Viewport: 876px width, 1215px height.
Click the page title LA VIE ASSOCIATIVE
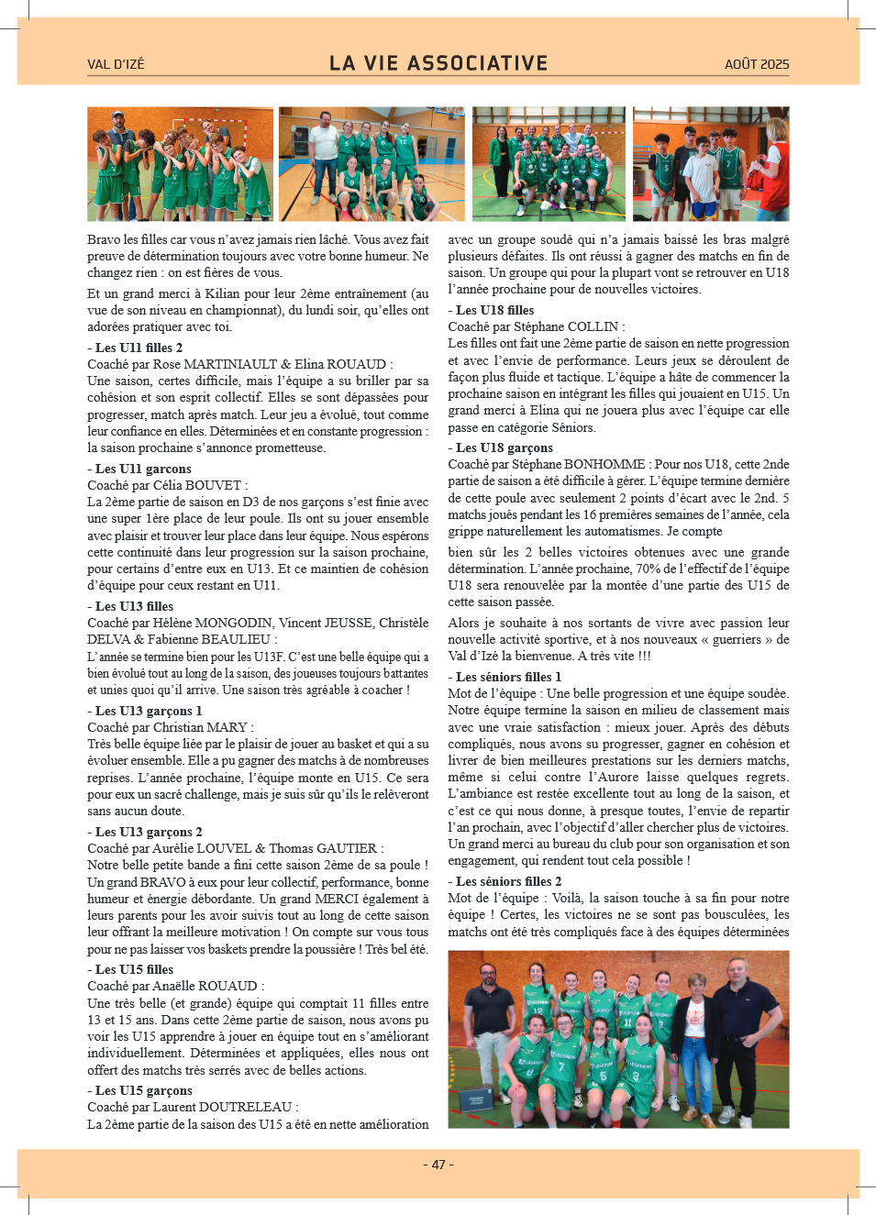(x=438, y=63)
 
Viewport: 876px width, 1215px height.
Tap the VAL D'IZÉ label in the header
(x=116, y=64)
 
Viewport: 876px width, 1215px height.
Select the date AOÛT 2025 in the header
(x=756, y=64)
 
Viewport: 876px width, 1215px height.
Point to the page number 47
(x=438, y=1165)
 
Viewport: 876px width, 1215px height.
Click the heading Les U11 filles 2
(x=139, y=348)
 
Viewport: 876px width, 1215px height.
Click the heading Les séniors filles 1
(x=508, y=677)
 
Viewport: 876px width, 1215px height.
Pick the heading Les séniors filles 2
(x=508, y=881)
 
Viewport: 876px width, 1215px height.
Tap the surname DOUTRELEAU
(x=246, y=1107)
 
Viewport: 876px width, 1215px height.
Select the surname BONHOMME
(x=604, y=464)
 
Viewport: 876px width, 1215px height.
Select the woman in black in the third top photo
(x=500, y=160)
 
